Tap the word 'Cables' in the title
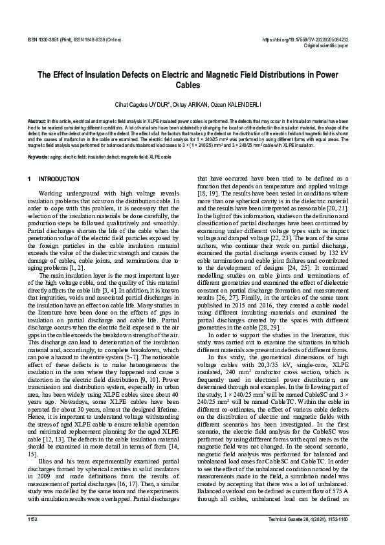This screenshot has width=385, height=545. point(193,85)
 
